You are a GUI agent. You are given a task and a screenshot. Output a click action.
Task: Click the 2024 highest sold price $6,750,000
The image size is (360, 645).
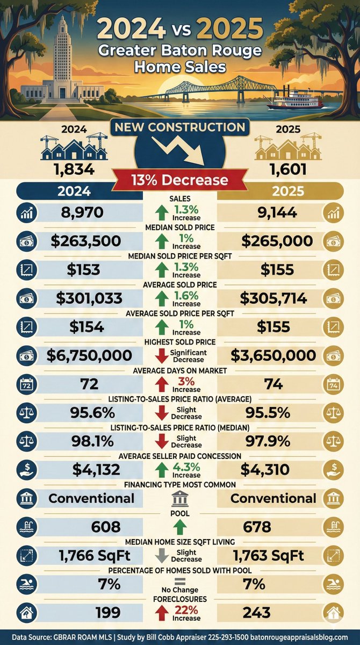(x=89, y=355)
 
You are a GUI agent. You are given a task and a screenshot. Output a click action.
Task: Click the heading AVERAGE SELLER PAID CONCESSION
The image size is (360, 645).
(x=179, y=456)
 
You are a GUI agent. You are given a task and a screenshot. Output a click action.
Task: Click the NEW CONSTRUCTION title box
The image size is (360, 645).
(x=180, y=127)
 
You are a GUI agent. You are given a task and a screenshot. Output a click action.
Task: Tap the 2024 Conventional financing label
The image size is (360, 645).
(x=91, y=498)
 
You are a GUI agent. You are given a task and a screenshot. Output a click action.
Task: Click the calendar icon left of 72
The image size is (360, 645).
(x=26, y=384)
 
